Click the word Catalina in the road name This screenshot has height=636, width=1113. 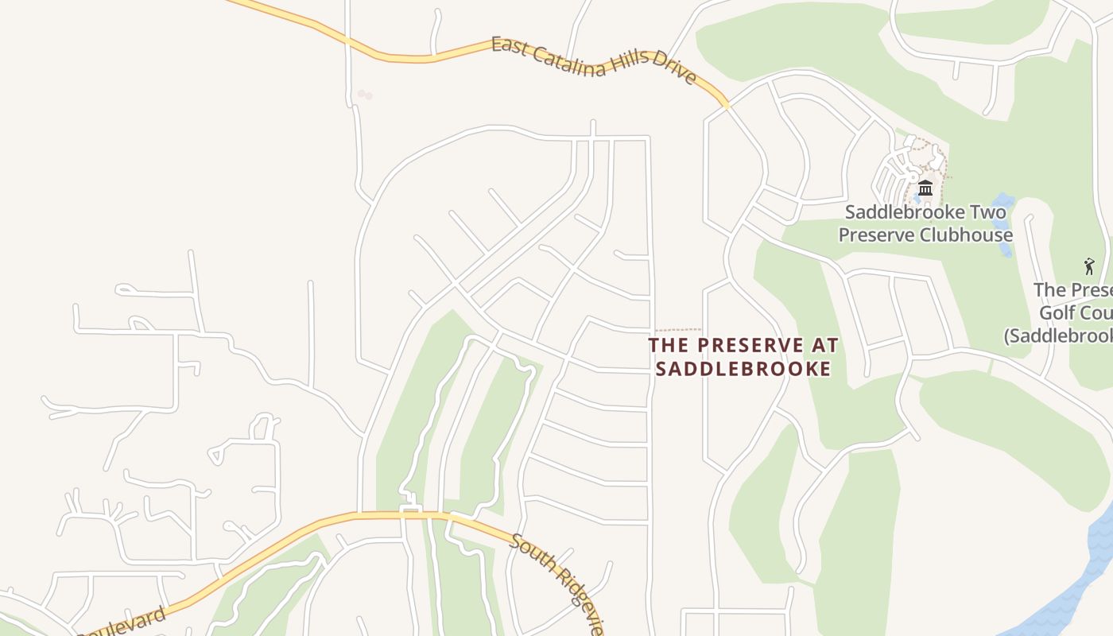point(565,59)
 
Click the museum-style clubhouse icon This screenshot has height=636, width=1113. point(925,188)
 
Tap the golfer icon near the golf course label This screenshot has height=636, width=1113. point(1089,266)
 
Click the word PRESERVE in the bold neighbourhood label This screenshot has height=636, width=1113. point(750,345)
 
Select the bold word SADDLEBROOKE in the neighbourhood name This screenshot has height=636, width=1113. point(743,369)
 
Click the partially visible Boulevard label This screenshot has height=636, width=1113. point(123,623)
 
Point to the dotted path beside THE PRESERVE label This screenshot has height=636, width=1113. point(677,329)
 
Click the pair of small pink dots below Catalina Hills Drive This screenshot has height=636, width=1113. point(364,95)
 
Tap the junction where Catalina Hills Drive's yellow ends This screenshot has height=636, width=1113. point(726,106)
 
